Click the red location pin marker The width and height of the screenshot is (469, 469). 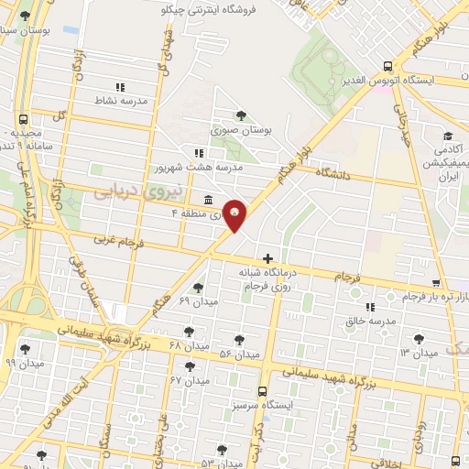(235, 214)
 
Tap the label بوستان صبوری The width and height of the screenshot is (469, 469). (242, 131)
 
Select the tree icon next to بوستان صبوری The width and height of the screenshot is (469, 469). (241, 115)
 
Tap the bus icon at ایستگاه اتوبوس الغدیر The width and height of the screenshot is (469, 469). (388, 66)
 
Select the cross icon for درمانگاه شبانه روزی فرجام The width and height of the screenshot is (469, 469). (267, 259)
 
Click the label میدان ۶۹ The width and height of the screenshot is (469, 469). (197, 301)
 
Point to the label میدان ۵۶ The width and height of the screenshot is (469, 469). (240, 354)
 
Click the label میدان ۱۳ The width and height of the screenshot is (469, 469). (420, 353)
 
